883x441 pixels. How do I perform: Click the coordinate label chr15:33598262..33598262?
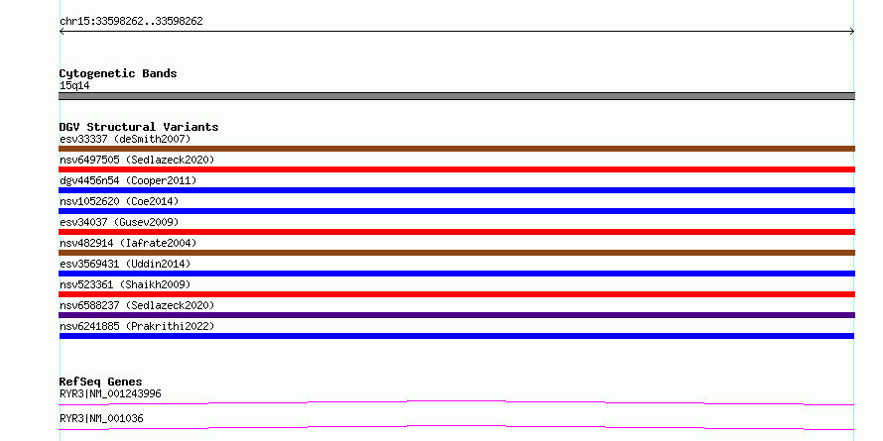coord(131,22)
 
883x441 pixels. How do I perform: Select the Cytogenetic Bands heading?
coord(118,73)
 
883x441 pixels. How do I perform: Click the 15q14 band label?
coord(74,86)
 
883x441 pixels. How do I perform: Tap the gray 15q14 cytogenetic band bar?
coord(456,96)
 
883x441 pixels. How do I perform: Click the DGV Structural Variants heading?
coord(139,127)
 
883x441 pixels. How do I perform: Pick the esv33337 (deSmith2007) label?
coord(126,139)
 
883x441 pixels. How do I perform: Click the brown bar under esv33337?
coord(456,149)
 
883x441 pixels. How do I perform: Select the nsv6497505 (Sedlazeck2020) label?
coord(137,160)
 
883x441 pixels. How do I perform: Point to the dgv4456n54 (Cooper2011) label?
coord(128,180)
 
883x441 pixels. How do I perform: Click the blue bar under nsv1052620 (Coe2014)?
coord(456,211)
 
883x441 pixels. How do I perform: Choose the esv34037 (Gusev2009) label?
coord(119,222)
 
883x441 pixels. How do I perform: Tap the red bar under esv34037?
coord(456,232)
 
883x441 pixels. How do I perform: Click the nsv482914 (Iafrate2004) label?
coord(128,243)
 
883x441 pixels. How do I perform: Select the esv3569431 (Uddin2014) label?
coord(126,264)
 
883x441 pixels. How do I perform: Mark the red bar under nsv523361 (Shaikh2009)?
coord(456,294)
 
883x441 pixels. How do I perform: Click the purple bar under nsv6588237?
coord(456,315)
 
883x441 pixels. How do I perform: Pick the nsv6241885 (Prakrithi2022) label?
coord(137,326)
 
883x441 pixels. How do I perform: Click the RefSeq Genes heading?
coord(101,382)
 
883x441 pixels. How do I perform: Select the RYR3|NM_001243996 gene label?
coord(110,393)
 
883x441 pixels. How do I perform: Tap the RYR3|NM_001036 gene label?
coord(101,418)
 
